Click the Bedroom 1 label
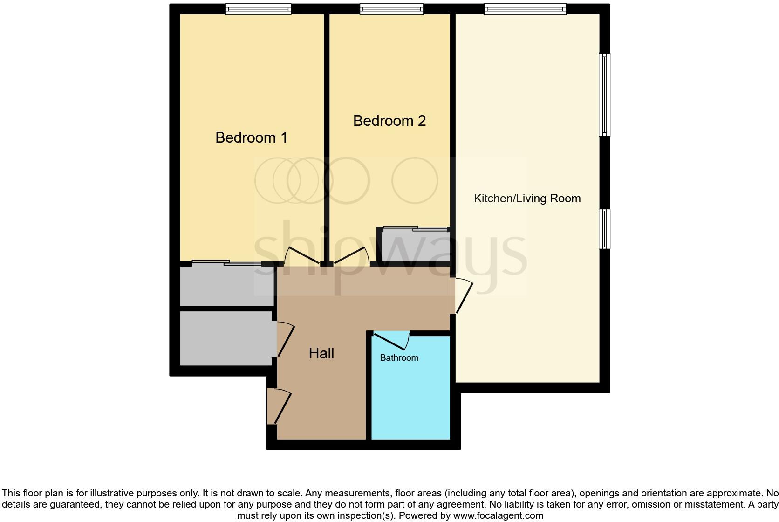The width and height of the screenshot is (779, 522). point(251,137)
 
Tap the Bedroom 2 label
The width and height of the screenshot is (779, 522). point(389,121)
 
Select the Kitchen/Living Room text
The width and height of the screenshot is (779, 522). point(527,199)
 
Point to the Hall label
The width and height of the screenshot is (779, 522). point(321,353)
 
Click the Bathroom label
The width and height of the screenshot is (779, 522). point(399,358)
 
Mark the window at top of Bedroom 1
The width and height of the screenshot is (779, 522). point(258,9)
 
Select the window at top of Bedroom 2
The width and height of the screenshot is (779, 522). point(391,9)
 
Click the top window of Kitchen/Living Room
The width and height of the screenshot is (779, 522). point(525,9)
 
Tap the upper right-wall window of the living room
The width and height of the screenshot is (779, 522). point(604,95)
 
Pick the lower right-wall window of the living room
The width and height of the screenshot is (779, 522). point(604,229)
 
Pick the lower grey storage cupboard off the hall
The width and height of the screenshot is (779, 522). point(226,338)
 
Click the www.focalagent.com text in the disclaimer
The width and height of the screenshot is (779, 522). point(498,515)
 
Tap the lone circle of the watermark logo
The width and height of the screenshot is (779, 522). point(415,181)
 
